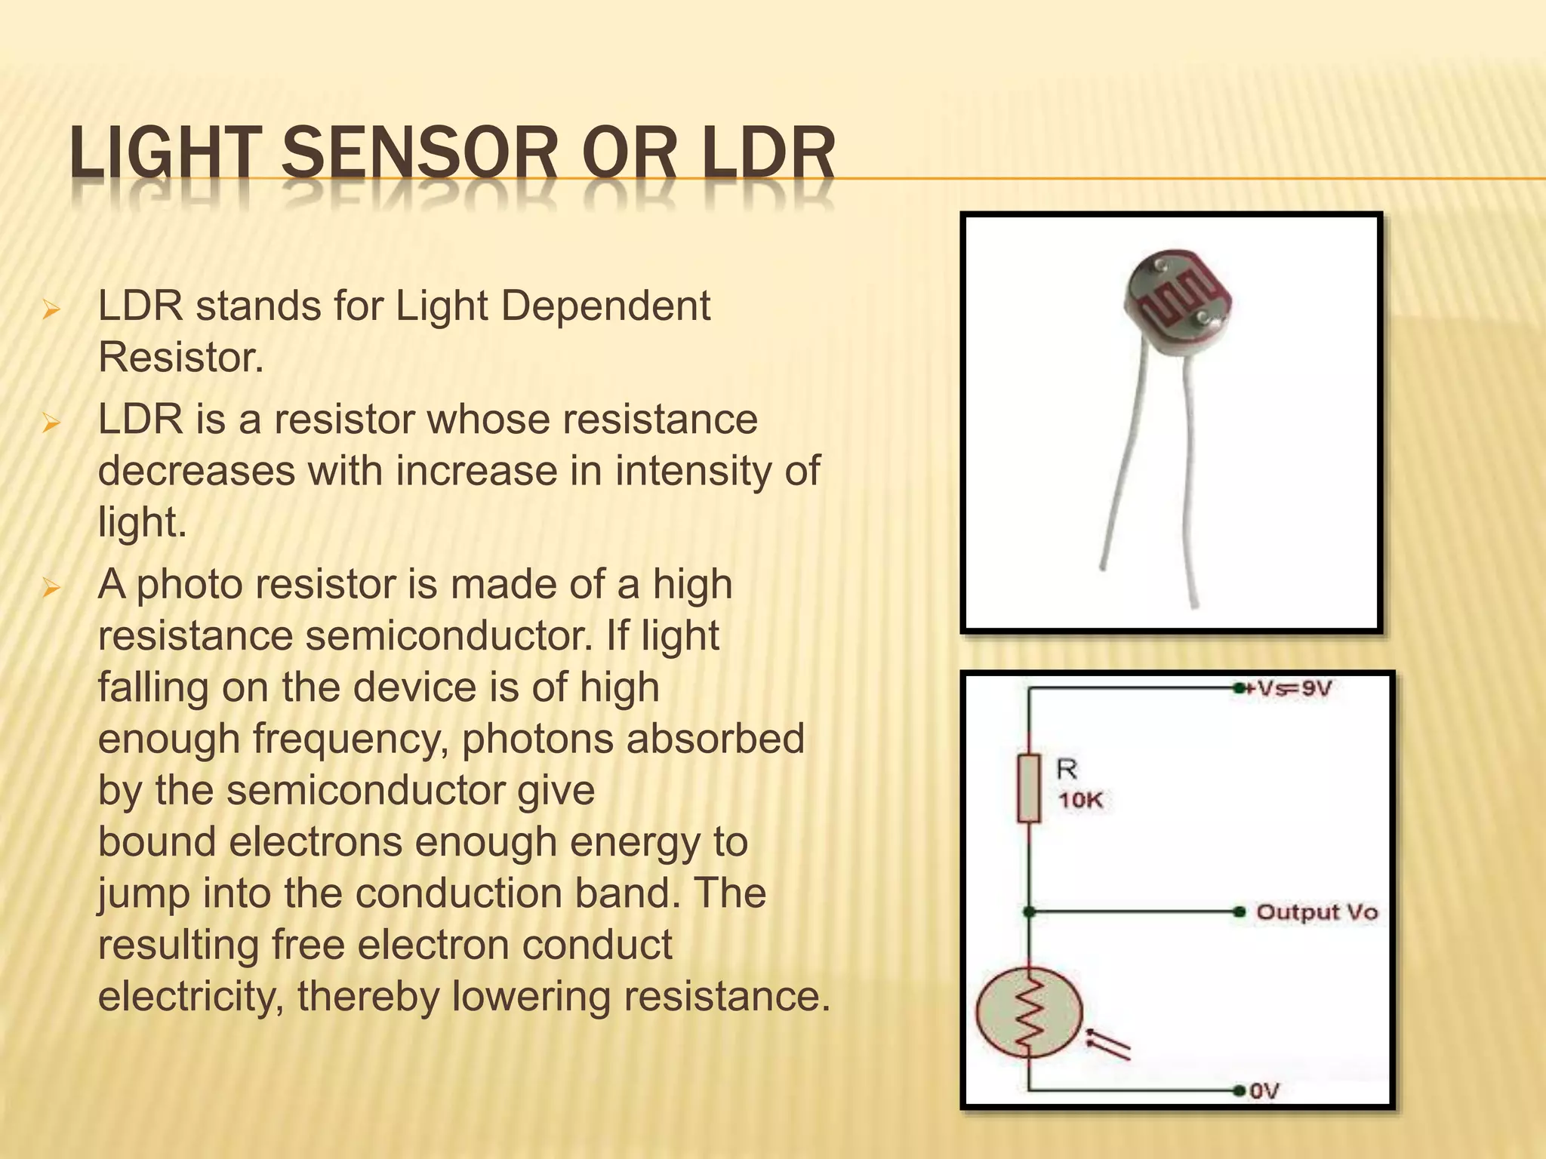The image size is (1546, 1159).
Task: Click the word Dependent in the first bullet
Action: pos(605,306)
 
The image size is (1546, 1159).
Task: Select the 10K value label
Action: pos(1080,801)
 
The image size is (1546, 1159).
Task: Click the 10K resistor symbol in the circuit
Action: pos(1029,788)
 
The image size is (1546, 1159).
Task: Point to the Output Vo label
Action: pos(1317,912)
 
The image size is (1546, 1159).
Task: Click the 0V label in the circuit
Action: pos(1265,1091)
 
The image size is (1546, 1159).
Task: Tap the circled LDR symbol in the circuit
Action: pos(1029,1013)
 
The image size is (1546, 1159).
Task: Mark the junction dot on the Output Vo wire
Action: pos(1029,912)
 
